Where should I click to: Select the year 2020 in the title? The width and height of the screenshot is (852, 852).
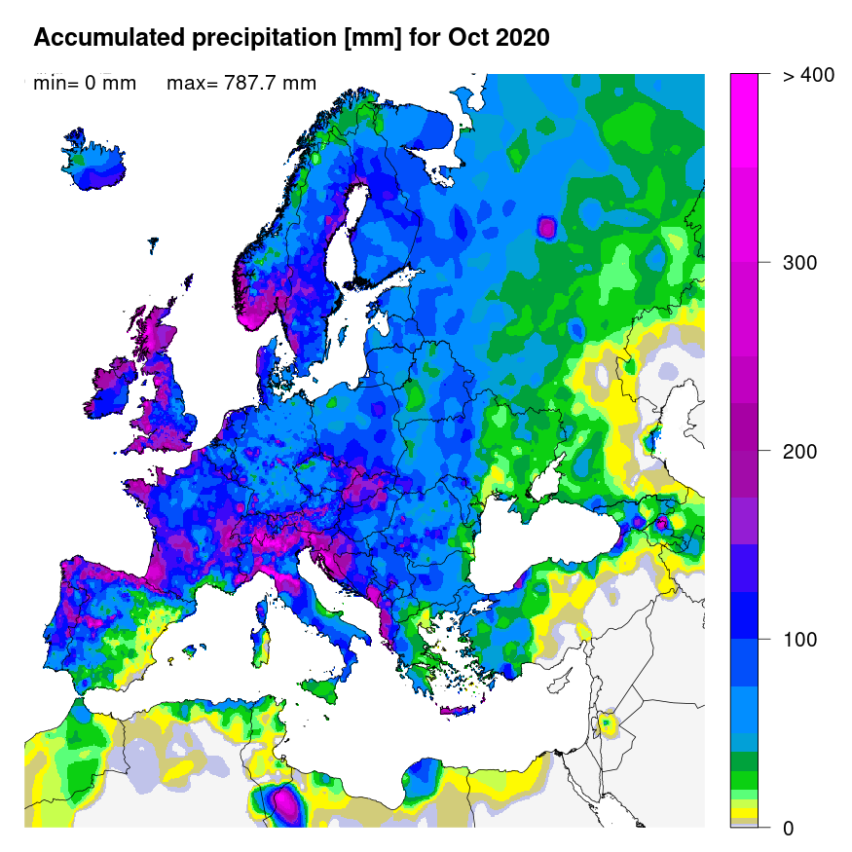pyautogui.click(x=522, y=39)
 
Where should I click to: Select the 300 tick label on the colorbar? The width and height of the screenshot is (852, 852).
pyautogui.click(x=799, y=263)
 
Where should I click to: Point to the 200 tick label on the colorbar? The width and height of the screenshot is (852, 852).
pyautogui.click(x=799, y=452)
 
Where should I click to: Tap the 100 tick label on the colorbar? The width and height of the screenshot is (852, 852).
pyautogui.click(x=799, y=640)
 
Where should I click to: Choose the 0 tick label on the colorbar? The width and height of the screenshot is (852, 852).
pyautogui.click(x=788, y=829)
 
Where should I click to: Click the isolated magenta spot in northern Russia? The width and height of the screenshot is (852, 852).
pyautogui.click(x=546, y=228)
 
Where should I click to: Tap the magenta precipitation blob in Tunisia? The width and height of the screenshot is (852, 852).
pyautogui.click(x=285, y=802)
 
